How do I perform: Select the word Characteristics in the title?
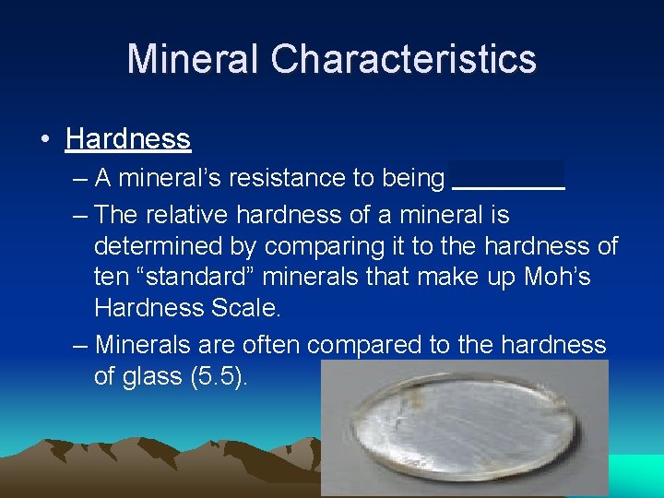(x=403, y=58)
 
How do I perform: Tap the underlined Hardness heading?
(x=128, y=138)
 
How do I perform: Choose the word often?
(x=273, y=345)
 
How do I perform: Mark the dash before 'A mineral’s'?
(x=80, y=178)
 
